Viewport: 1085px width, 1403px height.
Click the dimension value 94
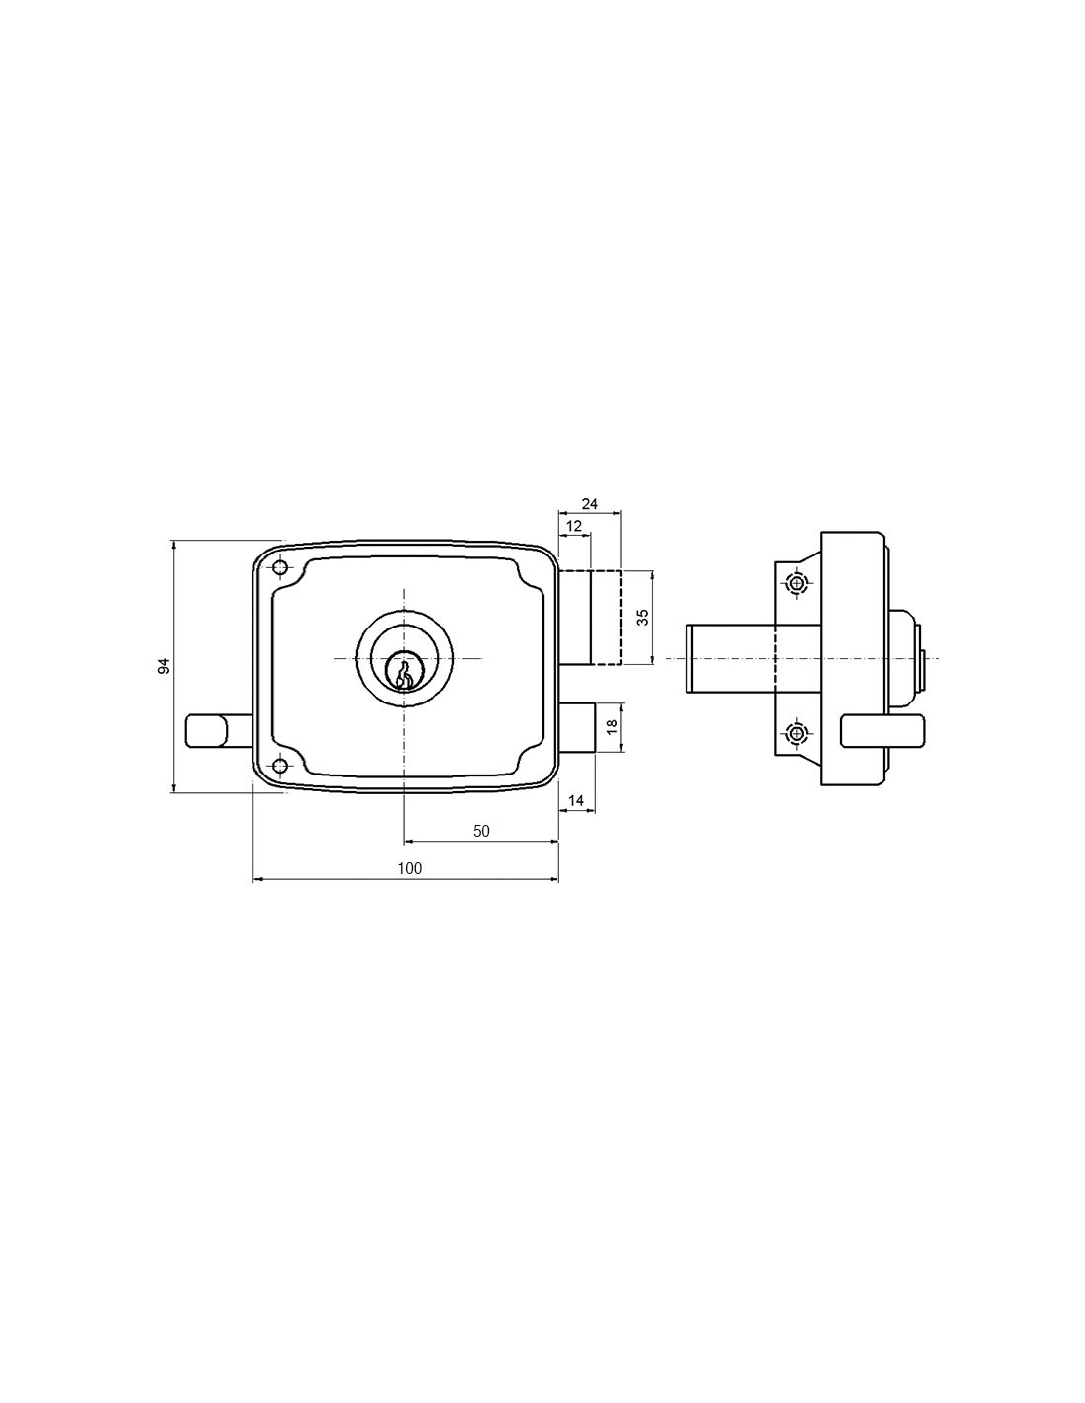[165, 666]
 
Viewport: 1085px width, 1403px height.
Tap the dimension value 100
[410, 868]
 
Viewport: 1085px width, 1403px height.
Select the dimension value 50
[481, 831]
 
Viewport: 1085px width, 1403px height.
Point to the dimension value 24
[590, 504]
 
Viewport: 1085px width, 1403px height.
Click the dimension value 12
[574, 526]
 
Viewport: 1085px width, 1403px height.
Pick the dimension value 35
[642, 618]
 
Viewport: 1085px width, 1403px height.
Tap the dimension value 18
[613, 725]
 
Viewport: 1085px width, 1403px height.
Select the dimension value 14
[575, 800]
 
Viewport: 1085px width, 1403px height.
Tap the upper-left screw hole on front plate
[280, 568]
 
